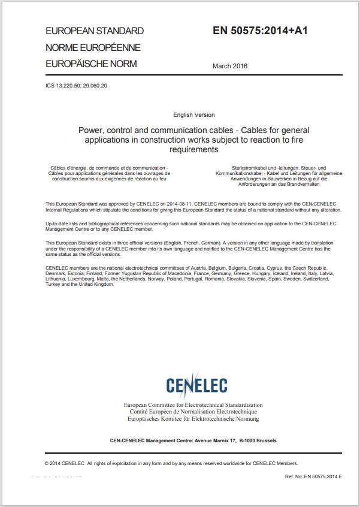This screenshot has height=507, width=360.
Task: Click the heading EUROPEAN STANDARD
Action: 95,31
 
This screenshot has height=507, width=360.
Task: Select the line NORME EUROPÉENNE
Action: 93,47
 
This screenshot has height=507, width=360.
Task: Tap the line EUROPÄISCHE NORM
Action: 91,64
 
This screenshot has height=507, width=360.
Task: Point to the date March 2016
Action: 230,66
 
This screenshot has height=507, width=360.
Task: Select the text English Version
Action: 194,114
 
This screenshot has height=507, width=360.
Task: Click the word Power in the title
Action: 90,129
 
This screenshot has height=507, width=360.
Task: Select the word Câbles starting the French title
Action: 60,167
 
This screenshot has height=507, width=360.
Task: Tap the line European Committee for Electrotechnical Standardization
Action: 193,406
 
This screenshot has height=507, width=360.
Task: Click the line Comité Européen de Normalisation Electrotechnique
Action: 193,412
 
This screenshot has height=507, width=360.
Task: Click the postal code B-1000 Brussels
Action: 258,440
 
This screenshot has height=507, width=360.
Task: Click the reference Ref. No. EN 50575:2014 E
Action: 314,476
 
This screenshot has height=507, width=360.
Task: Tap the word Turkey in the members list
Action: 53,284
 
